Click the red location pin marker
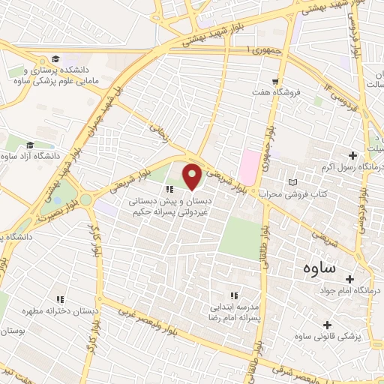192,175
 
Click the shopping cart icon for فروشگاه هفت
277,80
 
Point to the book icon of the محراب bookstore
292,182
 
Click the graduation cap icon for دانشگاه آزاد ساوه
30,145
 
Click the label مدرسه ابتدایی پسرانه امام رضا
233,307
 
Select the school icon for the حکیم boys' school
169,189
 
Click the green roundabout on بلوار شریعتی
86,199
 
